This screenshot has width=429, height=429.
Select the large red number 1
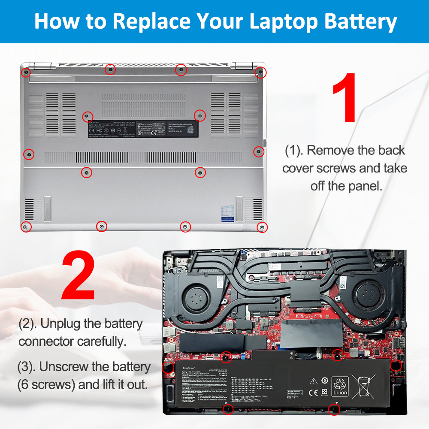(x=344, y=98)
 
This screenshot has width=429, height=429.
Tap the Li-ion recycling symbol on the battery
(x=341, y=384)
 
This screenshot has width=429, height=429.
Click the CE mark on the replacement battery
(x=313, y=391)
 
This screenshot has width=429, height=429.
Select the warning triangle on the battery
(x=313, y=381)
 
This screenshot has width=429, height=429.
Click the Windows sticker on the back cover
(x=227, y=213)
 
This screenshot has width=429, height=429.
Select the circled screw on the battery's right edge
(x=396, y=366)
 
